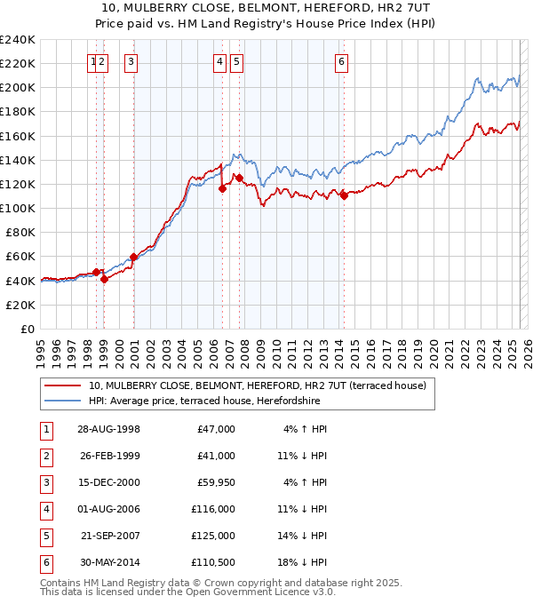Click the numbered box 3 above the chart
click(131, 61)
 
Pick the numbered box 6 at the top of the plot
click(341, 61)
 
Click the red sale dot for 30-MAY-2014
click(344, 195)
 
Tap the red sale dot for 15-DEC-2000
click(133, 258)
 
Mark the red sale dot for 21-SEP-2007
click(239, 178)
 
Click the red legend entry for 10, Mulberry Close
click(258, 385)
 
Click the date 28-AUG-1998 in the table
click(108, 429)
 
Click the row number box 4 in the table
click(45, 509)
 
